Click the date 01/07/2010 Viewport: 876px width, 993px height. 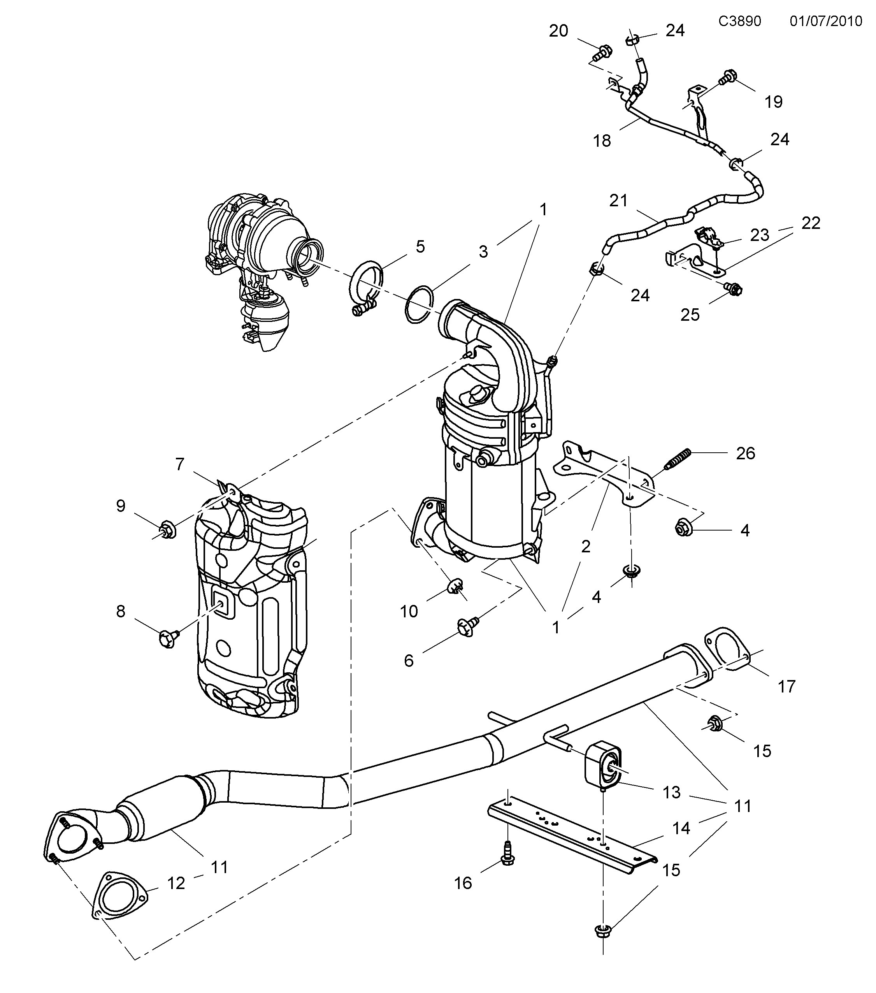click(825, 21)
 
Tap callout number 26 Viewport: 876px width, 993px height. click(745, 453)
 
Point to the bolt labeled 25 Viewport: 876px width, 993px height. click(735, 290)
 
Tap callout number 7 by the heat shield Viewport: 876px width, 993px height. click(180, 464)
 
